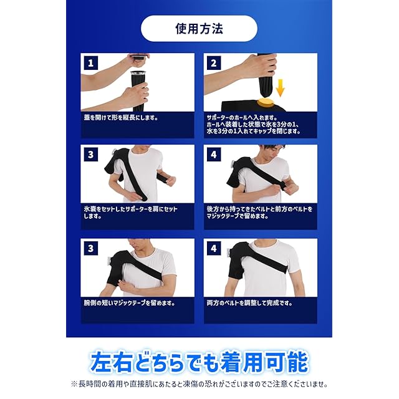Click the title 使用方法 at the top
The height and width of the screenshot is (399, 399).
(x=199, y=29)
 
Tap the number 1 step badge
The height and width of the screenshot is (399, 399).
(x=91, y=63)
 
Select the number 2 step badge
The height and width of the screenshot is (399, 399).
(x=214, y=63)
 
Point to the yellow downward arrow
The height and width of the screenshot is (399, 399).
(x=280, y=87)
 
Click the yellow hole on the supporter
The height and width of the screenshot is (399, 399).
(x=266, y=103)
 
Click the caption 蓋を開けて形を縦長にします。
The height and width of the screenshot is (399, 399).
(x=121, y=118)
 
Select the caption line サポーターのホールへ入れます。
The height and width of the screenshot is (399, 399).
(x=242, y=118)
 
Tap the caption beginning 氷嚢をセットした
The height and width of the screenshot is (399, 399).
(x=130, y=213)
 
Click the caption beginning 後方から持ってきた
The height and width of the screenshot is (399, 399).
(x=259, y=213)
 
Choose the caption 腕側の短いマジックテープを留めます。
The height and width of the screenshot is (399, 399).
(x=129, y=303)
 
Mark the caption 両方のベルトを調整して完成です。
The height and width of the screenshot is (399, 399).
(x=249, y=303)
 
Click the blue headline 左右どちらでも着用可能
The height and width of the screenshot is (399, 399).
(x=199, y=362)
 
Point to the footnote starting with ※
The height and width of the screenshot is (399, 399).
(x=199, y=384)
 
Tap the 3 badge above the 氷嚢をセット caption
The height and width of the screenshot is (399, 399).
(x=91, y=155)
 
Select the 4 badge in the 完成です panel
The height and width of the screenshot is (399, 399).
(x=214, y=248)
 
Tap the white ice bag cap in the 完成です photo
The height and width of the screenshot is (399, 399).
(x=229, y=252)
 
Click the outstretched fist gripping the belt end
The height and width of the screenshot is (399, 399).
(x=170, y=180)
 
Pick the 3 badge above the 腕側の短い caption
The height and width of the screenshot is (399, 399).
(x=91, y=248)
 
